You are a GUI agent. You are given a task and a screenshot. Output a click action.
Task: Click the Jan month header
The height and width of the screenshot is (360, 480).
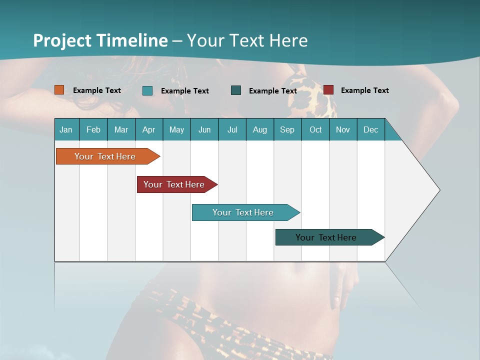coord(66,129)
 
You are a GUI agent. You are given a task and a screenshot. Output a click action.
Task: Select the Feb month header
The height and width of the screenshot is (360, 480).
coord(93,129)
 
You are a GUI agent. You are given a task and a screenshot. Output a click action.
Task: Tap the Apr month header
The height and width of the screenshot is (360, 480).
coord(149,129)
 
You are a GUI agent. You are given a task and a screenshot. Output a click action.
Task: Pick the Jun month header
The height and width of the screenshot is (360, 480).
coord(204,129)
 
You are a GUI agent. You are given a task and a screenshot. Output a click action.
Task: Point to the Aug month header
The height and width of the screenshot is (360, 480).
coord(260,129)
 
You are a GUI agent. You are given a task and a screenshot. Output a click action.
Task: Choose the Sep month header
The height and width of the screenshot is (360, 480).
coord(287,129)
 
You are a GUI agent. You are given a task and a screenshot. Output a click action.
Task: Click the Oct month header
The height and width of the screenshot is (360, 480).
coord(315,129)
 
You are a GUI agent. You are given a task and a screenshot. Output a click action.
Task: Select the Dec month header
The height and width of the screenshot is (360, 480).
coord(371,129)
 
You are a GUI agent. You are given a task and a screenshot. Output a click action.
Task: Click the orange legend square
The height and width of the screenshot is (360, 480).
coord(59,90)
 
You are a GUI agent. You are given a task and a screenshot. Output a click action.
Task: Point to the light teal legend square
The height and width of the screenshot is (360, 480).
coord(147,90)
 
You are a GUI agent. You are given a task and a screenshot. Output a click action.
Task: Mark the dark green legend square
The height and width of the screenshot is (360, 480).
coord(236,90)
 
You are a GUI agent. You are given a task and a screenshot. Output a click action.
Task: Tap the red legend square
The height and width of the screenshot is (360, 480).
coord(328,90)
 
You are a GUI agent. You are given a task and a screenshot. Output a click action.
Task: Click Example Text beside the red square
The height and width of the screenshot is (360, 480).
coord(364,90)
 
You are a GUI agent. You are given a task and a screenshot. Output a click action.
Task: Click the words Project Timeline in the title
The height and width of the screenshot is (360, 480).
coord(100,40)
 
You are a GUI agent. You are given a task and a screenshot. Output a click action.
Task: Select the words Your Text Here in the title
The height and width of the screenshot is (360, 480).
coord(247,40)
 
